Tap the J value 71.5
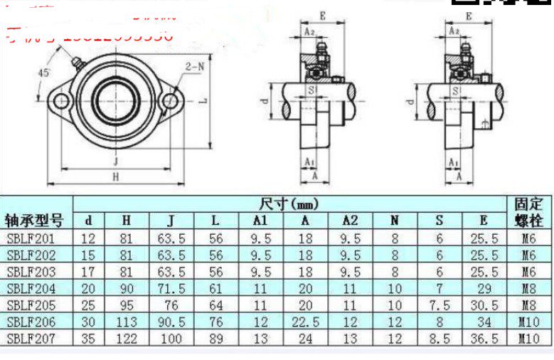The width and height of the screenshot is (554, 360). [x=171, y=289]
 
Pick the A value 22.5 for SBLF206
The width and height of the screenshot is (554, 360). [x=306, y=322]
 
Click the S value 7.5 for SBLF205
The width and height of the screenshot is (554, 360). [x=440, y=306]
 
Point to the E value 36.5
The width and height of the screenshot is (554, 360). [x=484, y=339]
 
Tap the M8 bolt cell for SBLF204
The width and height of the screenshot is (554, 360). [x=528, y=289]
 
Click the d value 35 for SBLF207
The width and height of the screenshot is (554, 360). [x=87, y=339]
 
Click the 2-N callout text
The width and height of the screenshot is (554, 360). [x=196, y=66]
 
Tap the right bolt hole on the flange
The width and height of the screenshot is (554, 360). [x=170, y=102]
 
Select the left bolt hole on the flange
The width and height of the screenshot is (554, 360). [x=61, y=102]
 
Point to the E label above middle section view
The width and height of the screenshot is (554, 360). [x=322, y=15]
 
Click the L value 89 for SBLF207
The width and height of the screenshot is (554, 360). [x=216, y=339]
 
